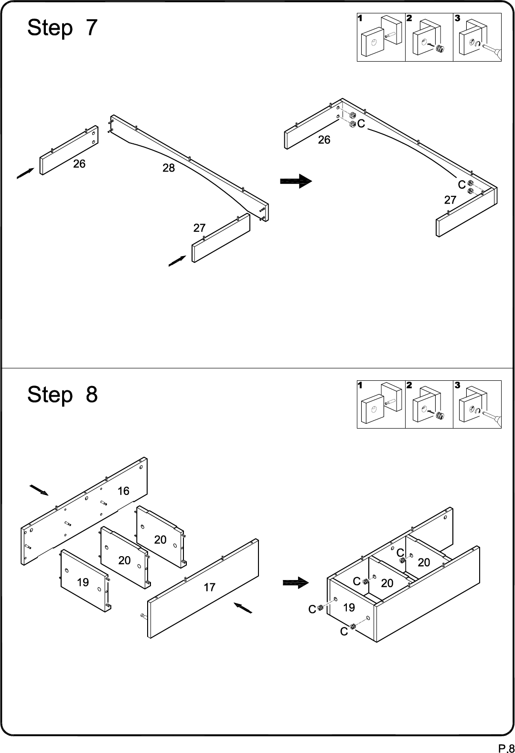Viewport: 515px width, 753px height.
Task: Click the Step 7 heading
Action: pos(62,28)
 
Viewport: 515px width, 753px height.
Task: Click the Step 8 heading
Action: pos(62,395)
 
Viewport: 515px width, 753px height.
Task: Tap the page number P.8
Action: pos(506,748)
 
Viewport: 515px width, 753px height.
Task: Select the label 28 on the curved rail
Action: pos(169,168)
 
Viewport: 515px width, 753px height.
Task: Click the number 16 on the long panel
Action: pos(123,491)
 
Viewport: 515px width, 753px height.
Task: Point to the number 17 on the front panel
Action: pos(209,587)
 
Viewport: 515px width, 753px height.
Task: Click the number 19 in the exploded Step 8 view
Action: pos(83,582)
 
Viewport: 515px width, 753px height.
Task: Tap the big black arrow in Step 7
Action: pos(296,181)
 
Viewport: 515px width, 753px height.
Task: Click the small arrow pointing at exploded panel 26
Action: pos(25,173)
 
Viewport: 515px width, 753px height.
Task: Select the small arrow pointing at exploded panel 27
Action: pos(177,261)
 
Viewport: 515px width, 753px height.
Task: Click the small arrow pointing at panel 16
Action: pos(39,490)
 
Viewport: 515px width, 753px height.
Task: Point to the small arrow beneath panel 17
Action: pos(243,608)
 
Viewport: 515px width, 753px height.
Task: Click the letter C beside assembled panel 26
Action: pos(361,124)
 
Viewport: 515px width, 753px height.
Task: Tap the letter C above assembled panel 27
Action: pos(462,184)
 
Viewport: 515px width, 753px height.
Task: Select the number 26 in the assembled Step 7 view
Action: pos(324,140)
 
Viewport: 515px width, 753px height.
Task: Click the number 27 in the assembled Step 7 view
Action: pos(450,200)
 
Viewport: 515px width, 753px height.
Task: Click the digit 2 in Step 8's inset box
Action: pos(409,385)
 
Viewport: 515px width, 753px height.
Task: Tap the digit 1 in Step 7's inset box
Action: pos(360,18)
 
